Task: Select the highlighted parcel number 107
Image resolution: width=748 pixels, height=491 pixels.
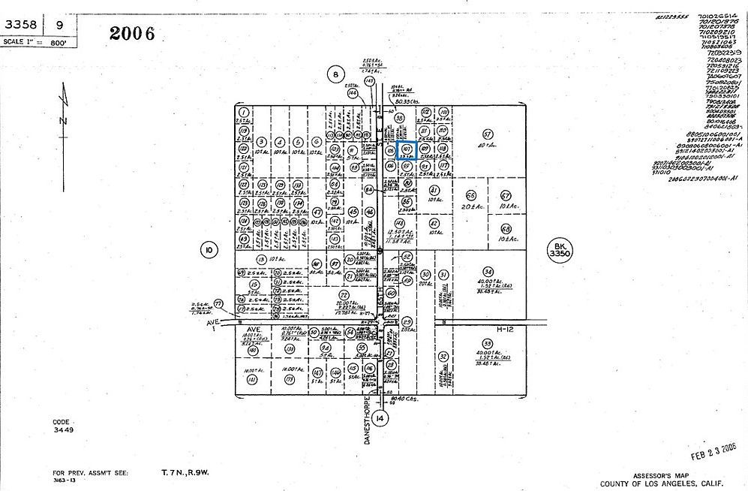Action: click(407, 149)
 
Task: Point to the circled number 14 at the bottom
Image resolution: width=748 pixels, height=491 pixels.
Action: click(382, 417)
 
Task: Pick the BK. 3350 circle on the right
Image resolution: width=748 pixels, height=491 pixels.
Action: click(557, 250)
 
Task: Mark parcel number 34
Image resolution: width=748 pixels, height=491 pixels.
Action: click(488, 271)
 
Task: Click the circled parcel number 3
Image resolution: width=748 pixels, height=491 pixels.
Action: click(260, 141)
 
